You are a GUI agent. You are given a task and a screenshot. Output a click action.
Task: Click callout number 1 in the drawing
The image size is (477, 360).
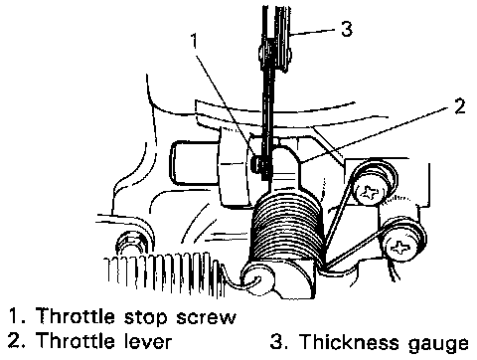click(195, 41)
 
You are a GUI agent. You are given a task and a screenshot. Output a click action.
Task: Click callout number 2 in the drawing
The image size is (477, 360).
click(459, 106)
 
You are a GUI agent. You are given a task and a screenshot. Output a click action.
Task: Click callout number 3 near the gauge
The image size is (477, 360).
click(347, 29)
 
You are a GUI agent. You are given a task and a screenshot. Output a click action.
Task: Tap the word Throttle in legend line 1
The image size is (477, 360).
click(75, 315)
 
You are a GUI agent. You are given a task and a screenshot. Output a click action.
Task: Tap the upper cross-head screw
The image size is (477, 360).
click(369, 192)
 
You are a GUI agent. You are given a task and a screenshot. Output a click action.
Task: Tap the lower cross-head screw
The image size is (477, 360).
click(400, 247)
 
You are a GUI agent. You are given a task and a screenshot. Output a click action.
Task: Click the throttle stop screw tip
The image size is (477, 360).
click(256, 164)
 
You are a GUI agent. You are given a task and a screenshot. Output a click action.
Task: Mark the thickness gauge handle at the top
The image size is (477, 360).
click(276, 37)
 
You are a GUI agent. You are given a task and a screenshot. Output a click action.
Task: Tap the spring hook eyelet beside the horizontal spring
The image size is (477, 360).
click(256, 278)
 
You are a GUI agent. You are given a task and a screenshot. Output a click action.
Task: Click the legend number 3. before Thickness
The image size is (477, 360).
click(279, 341)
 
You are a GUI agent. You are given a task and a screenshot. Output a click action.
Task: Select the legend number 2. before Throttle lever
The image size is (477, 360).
click(17, 340)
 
